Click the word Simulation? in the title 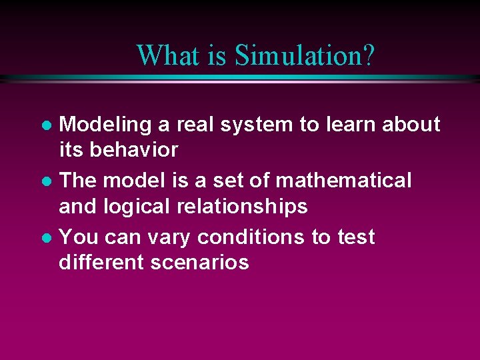click(304, 55)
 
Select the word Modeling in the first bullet click(101, 125)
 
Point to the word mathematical click(343, 181)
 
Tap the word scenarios click(200, 263)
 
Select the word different click(101, 263)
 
